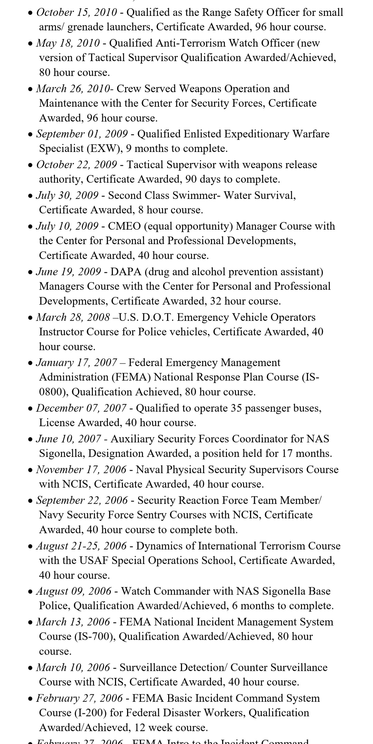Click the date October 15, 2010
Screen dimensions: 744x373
click(x=77, y=13)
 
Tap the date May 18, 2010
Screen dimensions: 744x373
click(x=68, y=43)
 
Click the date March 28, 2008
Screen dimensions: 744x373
click(x=73, y=317)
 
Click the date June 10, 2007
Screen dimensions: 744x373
click(x=69, y=439)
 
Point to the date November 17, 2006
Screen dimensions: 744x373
click(x=82, y=470)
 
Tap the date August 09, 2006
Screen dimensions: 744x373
click(x=74, y=591)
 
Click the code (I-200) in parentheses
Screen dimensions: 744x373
click(x=88, y=713)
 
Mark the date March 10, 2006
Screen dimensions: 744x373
click(x=73, y=668)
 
